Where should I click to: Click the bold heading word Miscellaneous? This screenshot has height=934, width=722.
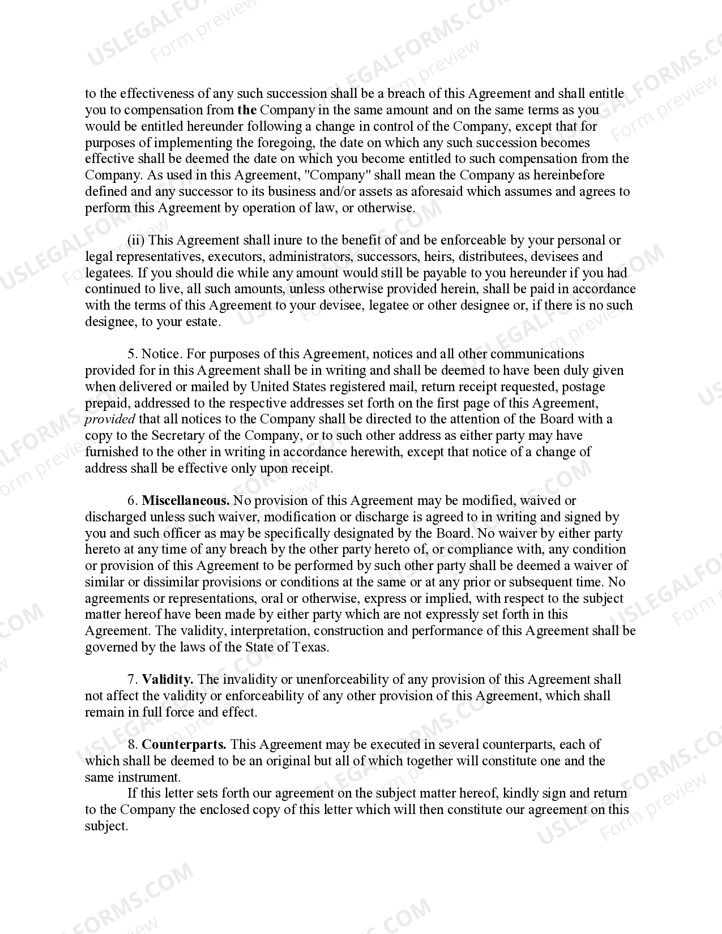click(x=185, y=500)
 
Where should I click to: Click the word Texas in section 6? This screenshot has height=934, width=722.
click(x=310, y=647)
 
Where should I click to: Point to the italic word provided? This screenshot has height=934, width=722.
click(x=110, y=419)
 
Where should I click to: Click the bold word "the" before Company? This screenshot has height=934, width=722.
click(x=247, y=110)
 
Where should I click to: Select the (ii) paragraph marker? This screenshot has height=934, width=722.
click(x=136, y=241)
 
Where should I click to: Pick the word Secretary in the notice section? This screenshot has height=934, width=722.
click(x=177, y=436)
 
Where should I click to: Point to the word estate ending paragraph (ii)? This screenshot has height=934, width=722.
click(x=202, y=322)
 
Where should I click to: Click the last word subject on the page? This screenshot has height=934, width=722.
click(x=105, y=826)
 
